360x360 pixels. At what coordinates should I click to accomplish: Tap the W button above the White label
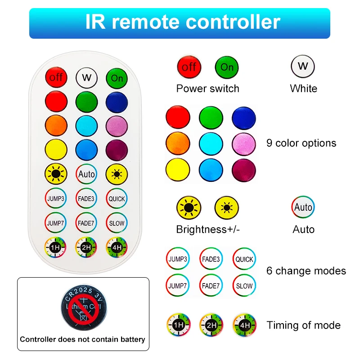pos(303,67)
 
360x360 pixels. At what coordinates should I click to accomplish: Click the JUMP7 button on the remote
pos(56,223)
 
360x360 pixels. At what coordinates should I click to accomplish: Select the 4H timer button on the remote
pos(117,247)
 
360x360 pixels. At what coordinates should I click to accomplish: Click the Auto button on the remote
pos(86,174)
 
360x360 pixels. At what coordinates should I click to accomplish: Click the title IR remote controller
pos(180,22)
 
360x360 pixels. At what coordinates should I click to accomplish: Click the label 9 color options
pos(301,143)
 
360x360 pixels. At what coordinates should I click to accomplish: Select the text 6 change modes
pos(306,271)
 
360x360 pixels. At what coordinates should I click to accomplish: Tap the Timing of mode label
pos(303,325)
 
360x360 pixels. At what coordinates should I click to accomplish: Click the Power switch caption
pos(207,89)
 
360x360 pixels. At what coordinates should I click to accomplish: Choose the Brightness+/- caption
pos(208,229)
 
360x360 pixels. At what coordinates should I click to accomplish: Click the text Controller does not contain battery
pos(83,340)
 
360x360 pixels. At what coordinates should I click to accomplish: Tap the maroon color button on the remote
pos(117,149)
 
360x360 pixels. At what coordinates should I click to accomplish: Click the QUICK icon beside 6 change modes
pos(244,259)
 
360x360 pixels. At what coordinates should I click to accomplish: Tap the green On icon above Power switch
pos(227,67)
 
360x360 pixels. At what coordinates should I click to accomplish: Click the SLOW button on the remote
pos(117,223)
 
